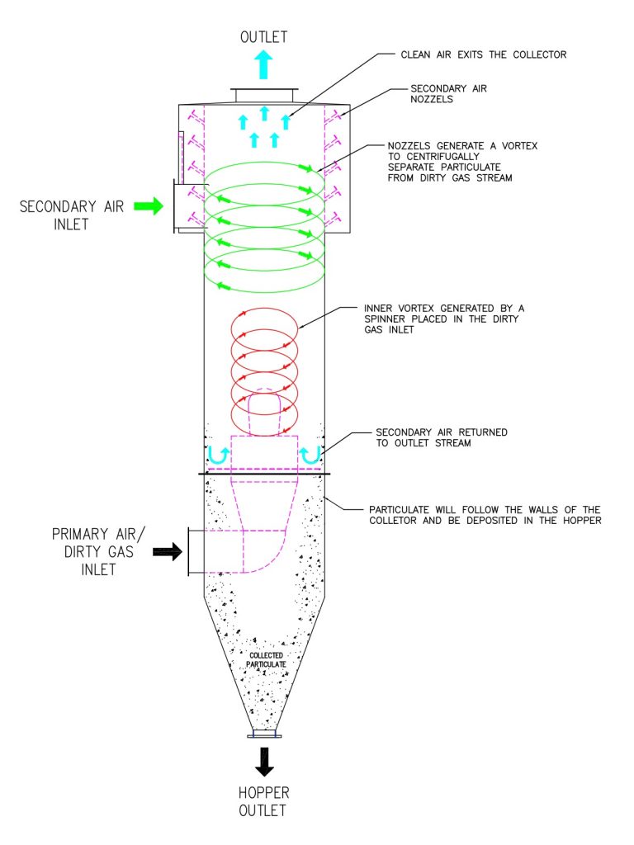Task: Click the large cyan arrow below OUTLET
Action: coord(263,64)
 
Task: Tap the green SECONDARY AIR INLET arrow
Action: coord(149,205)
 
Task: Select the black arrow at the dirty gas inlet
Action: coord(168,552)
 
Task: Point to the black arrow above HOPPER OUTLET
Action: coord(264,762)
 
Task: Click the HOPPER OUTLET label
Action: coord(263,801)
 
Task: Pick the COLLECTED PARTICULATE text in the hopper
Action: coord(267,659)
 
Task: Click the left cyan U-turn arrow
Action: coord(218,456)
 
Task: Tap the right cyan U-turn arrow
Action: coord(310,456)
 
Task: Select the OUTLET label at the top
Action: coord(263,37)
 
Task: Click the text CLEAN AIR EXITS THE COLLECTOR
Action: coord(484,54)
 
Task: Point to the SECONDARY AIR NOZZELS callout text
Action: coord(448,94)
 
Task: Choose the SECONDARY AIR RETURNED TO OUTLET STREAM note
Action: coord(442,437)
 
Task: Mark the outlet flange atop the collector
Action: coord(264,95)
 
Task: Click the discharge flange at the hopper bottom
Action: coord(264,734)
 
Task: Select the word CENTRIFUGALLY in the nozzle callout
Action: coord(442,156)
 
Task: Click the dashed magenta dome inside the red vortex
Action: coord(264,409)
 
